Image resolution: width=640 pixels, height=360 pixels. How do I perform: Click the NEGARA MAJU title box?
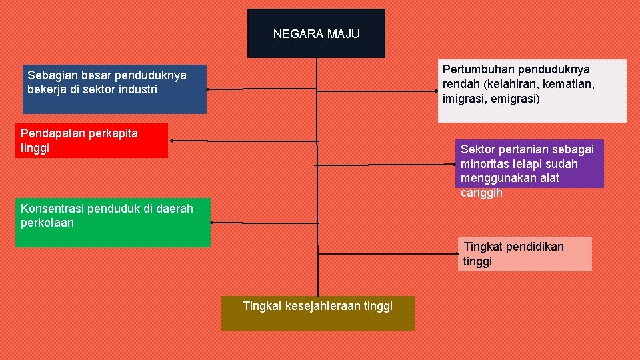click(316, 33)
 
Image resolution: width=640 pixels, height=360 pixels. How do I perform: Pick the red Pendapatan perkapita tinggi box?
click(92, 141)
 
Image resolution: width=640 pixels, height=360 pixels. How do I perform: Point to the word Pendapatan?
click(51, 133)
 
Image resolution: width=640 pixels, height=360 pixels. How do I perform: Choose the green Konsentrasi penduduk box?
click(112, 222)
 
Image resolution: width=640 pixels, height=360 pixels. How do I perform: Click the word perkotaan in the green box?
click(47, 223)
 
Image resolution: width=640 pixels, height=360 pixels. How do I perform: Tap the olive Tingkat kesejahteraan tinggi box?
click(317, 313)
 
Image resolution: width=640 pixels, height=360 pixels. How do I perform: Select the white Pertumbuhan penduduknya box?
click(532, 91)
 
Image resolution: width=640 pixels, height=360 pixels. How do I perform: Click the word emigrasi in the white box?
click(514, 99)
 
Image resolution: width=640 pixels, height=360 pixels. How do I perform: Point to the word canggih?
click(481, 193)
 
